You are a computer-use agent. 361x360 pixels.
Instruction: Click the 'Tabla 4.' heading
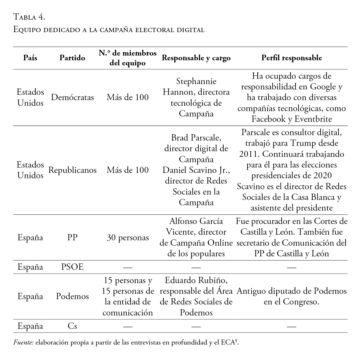coord(29,17)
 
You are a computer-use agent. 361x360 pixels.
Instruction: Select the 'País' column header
coord(30,58)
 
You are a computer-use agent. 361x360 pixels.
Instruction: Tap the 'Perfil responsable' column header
coord(291,58)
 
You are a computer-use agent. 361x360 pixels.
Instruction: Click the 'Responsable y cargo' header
coord(196,58)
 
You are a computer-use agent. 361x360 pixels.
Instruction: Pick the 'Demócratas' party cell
coord(72,97)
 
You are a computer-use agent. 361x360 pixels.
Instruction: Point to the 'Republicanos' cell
coord(72,170)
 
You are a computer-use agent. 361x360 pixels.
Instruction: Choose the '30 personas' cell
coord(128,238)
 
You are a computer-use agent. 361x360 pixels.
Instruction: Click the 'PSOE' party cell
coord(72,267)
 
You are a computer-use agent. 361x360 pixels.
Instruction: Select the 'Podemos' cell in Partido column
coord(72,296)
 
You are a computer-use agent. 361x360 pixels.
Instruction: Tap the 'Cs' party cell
coord(72,326)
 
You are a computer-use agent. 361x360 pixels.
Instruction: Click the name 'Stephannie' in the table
coord(196,81)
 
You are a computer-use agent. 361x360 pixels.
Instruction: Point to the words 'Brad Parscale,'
coord(196,138)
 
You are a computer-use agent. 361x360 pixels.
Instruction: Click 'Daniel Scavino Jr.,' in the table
coord(196,170)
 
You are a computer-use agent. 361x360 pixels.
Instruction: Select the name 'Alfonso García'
coord(196,221)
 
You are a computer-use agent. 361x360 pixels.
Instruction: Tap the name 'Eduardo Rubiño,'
coord(196,280)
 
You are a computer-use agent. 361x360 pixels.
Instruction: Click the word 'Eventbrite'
coord(313,119)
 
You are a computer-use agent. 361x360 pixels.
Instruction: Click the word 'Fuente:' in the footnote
coord(23,342)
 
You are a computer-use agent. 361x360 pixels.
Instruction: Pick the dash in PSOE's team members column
coord(128,267)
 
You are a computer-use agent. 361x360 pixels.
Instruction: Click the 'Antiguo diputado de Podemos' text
coord(291,291)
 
